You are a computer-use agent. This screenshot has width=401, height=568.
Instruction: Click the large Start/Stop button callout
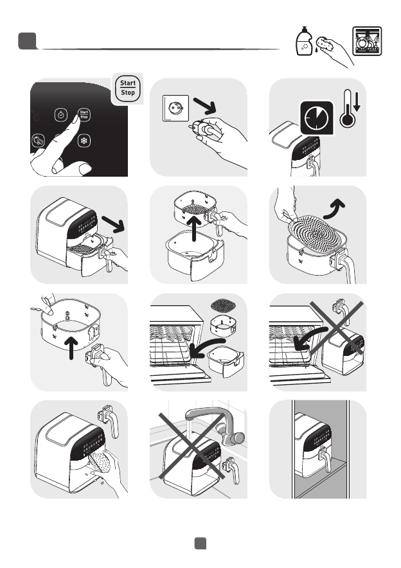[127, 88]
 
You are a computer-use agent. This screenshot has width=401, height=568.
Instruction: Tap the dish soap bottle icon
[303, 41]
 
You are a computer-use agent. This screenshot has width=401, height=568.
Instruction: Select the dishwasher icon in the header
[367, 41]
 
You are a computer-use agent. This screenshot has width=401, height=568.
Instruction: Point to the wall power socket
[175, 108]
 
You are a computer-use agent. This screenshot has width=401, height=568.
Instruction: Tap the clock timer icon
[317, 118]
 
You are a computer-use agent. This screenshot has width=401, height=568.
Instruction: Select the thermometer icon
[348, 109]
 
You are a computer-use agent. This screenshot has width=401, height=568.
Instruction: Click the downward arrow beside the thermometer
[357, 102]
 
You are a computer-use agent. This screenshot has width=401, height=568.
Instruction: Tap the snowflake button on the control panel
[84, 141]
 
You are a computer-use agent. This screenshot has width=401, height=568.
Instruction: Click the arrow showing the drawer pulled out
[113, 224]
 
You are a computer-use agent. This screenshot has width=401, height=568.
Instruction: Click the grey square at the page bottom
[201, 544]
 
